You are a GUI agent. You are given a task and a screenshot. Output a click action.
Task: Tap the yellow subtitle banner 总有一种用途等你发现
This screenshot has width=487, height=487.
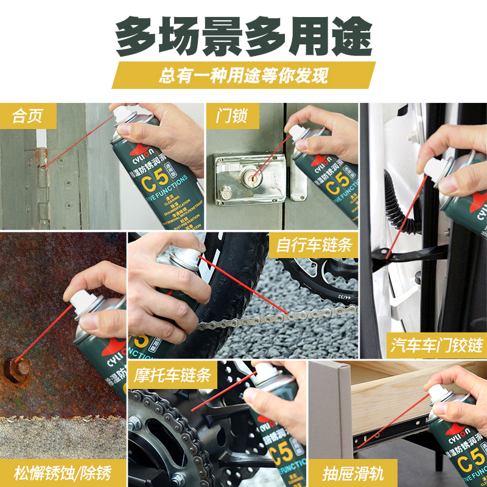tap(243, 75)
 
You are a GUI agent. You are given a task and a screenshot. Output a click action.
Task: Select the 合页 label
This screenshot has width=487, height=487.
tap(28, 116)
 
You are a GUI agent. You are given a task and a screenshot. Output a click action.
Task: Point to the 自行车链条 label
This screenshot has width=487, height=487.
tap(314, 245)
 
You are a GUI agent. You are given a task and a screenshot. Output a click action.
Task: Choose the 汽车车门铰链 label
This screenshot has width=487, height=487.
tap(437, 346)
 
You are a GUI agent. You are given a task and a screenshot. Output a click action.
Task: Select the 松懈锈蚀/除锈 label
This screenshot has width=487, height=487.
tap(63, 472)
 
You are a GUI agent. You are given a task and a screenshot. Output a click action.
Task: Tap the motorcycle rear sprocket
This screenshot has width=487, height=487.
tap(164, 438)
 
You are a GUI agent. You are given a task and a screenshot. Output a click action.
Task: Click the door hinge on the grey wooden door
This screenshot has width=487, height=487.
tap(41, 177)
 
